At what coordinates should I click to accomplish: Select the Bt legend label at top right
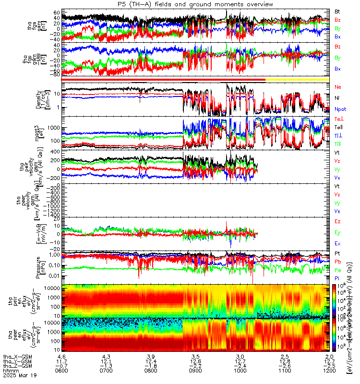(x=338, y=11)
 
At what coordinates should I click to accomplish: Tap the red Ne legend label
(x=338, y=87)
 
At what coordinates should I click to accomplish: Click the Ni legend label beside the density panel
(x=337, y=98)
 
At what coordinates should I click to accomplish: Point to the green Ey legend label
(x=338, y=233)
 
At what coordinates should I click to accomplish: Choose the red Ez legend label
(x=338, y=222)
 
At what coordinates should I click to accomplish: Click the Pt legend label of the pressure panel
(x=337, y=252)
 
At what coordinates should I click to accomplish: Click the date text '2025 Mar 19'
(x=18, y=377)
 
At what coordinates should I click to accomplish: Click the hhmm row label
(x=9, y=372)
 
